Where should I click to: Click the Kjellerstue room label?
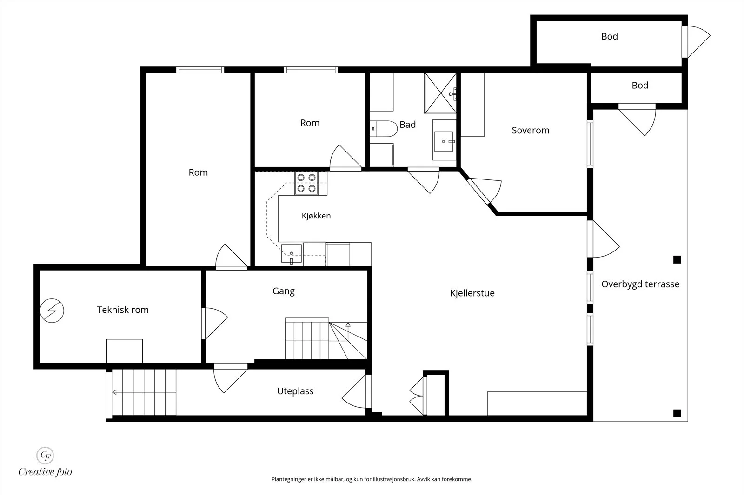pyautogui.click(x=472, y=293)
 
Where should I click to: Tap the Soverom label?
pyautogui.click(x=531, y=130)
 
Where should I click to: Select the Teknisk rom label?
pyautogui.click(x=123, y=310)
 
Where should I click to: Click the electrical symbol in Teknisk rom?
pyautogui.click(x=52, y=311)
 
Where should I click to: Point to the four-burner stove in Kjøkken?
pyautogui.click(x=306, y=183)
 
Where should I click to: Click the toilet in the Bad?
pyautogui.click(x=384, y=129)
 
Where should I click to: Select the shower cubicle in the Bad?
pyautogui.click(x=440, y=93)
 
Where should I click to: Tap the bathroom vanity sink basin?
pyautogui.click(x=444, y=141)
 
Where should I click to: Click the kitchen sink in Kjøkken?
pyautogui.click(x=291, y=253)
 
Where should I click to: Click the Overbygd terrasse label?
pyautogui.click(x=640, y=284)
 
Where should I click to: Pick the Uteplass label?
pyautogui.click(x=295, y=391)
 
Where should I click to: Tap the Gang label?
pyautogui.click(x=283, y=291)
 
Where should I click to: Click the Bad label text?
pyautogui.click(x=407, y=125)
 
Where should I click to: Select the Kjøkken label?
pyautogui.click(x=316, y=216)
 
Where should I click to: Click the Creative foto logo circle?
pyautogui.click(x=45, y=456)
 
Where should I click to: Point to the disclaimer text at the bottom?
pyautogui.click(x=372, y=479)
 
